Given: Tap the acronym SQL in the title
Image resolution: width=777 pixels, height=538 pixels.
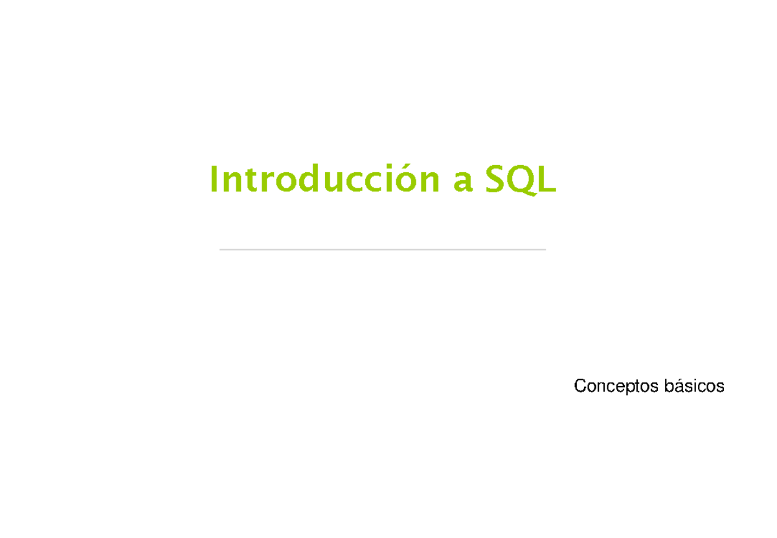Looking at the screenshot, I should tap(521, 181).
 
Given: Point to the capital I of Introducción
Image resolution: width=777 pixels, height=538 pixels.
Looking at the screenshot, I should tap(213, 180).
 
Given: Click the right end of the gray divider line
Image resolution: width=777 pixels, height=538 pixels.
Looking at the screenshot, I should tap(545, 249).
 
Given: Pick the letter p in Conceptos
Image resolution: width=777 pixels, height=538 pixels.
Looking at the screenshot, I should tap(628, 388).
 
